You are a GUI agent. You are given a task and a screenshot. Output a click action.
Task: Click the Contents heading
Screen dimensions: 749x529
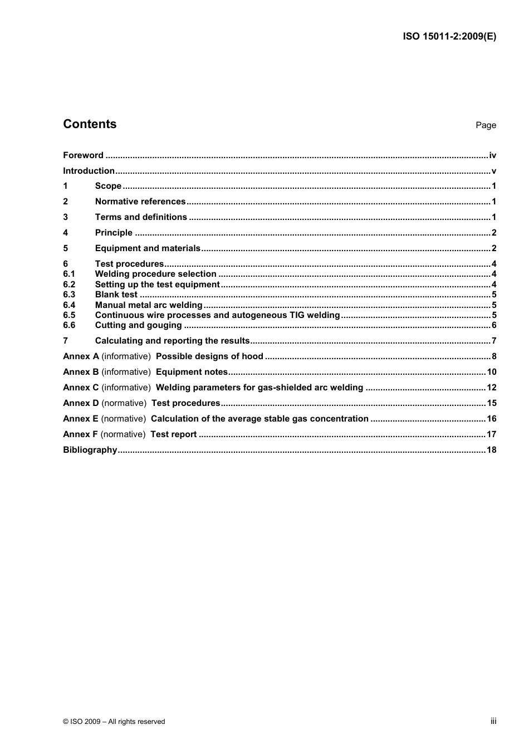pyautogui.click(x=90, y=124)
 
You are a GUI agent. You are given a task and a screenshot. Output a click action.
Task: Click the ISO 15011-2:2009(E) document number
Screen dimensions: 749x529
pyautogui.click(x=449, y=37)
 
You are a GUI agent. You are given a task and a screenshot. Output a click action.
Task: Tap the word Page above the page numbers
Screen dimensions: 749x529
pyautogui.click(x=486, y=125)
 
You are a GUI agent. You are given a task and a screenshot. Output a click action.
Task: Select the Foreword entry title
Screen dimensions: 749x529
pyautogui.click(x=83, y=155)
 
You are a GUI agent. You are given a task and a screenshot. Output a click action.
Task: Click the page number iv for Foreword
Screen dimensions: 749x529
pyautogui.click(x=492, y=155)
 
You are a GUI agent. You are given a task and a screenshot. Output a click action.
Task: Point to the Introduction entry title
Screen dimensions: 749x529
pyautogui.click(x=89, y=171)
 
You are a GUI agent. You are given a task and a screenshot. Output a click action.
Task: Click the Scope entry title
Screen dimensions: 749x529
pyautogui.click(x=108, y=186)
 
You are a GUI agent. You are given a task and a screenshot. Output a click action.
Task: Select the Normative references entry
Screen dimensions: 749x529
pyautogui.click(x=140, y=202)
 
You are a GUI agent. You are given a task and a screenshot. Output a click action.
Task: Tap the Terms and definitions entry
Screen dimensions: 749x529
pyautogui.click(x=141, y=217)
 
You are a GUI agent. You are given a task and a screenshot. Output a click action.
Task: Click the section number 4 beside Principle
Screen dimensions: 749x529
pyautogui.click(x=66, y=233)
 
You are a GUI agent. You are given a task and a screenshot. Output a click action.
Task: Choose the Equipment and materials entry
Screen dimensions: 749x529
pyautogui.click(x=148, y=248)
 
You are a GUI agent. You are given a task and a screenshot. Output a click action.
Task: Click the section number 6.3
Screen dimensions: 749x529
pyautogui.click(x=69, y=295)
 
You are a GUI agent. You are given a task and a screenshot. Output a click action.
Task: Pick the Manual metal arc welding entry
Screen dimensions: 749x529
pyautogui.click(x=149, y=305)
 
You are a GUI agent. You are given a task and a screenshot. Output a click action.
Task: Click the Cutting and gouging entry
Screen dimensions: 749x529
pyautogui.click(x=138, y=325)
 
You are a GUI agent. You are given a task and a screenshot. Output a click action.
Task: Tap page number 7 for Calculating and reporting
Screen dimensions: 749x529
pyautogui.click(x=493, y=341)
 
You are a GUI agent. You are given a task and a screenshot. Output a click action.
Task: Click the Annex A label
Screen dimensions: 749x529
pyautogui.click(x=81, y=356)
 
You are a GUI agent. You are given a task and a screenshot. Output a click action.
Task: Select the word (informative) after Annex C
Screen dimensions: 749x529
pyautogui.click(x=126, y=388)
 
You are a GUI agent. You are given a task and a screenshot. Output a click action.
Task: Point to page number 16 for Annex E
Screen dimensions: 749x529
pyautogui.click(x=491, y=419)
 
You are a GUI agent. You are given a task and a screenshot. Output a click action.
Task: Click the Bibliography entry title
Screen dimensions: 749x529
pyautogui.click(x=90, y=450)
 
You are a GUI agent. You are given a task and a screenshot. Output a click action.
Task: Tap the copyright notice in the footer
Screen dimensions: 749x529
pyautogui.click(x=114, y=721)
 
